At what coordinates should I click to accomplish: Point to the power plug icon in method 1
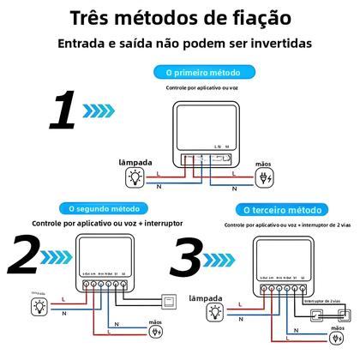[x=266, y=178]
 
